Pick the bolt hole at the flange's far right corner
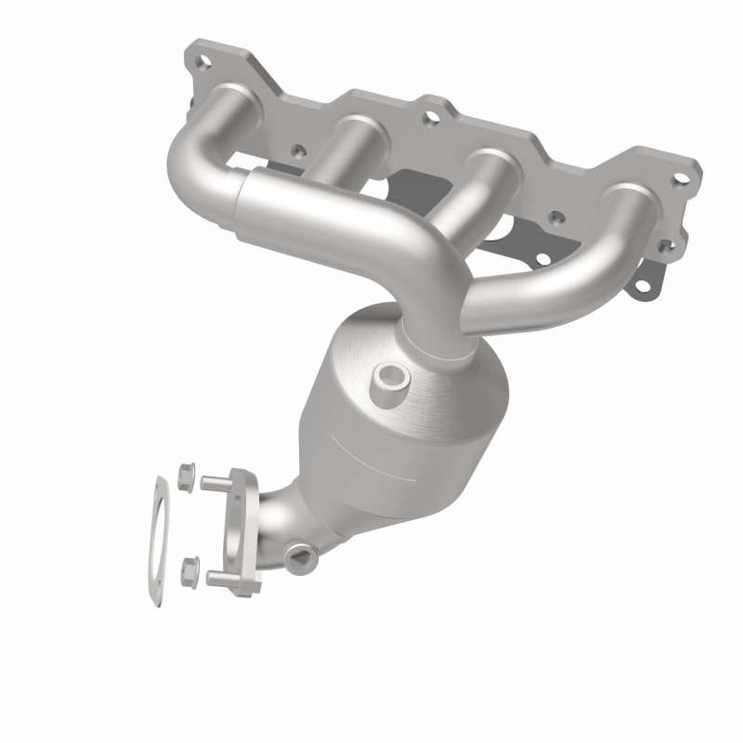click(680, 177)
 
